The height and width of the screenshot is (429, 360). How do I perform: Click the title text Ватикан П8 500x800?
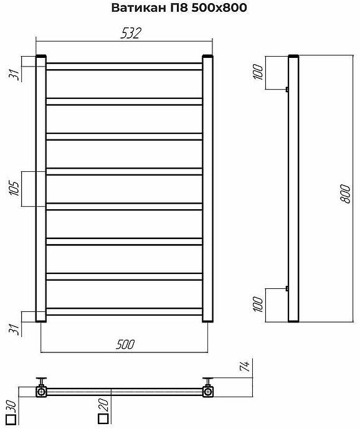pyautogui.click(x=179, y=8)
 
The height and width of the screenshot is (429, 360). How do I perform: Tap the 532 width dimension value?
pyautogui.click(x=131, y=33)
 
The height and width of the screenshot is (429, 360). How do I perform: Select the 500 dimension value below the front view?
pyautogui.click(x=125, y=344)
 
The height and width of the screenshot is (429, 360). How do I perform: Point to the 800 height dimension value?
pyautogui.click(x=346, y=194)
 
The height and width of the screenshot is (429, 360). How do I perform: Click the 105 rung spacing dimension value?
pyautogui.click(x=14, y=189)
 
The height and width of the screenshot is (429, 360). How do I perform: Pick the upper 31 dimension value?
pyautogui.click(x=14, y=75)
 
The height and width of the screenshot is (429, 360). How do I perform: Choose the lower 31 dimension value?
pyautogui.click(x=14, y=329)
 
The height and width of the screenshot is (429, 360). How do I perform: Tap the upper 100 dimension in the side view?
pyautogui.click(x=258, y=72)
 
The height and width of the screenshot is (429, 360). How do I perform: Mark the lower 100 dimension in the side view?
pyautogui.click(x=258, y=304)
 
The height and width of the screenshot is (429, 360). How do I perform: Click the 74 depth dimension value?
pyautogui.click(x=245, y=366)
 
